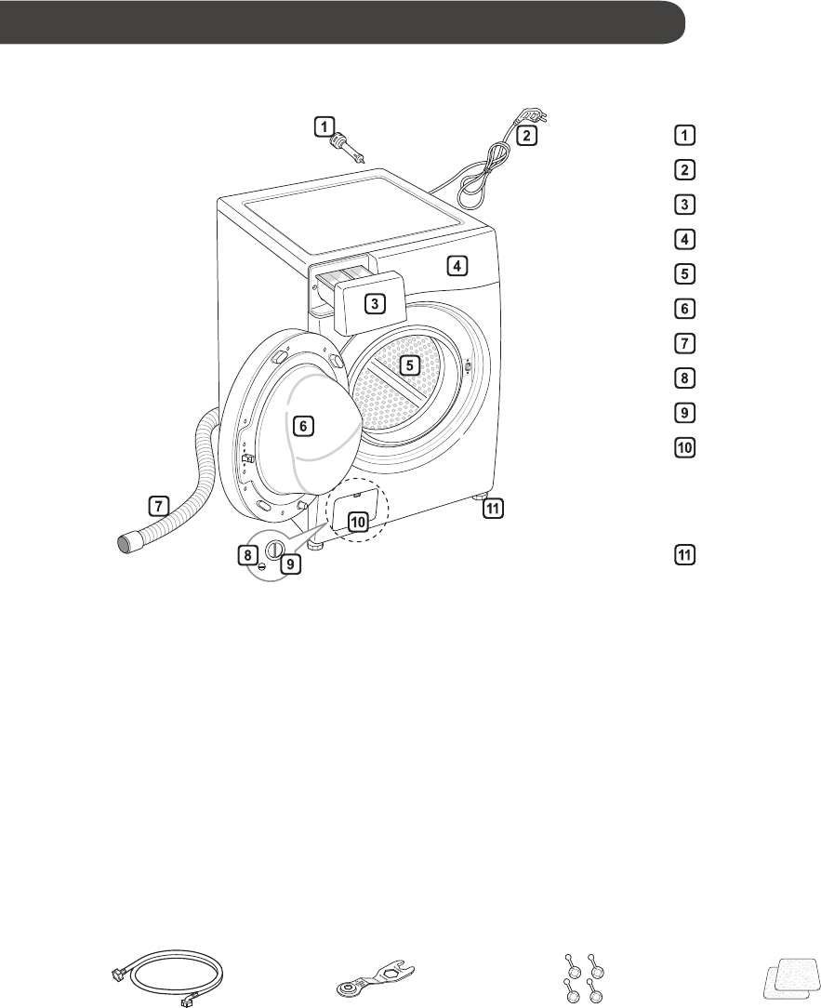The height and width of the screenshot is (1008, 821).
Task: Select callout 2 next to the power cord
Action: coord(526,136)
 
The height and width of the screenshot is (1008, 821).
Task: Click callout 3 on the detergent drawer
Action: coord(374,303)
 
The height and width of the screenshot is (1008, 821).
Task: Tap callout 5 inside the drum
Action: coord(410,365)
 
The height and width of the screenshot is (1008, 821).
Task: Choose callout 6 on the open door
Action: coord(300,427)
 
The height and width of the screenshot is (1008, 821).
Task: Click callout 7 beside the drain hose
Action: coord(159,506)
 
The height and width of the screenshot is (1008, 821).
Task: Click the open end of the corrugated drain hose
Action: coord(127,539)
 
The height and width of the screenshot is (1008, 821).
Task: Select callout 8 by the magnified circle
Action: coord(247,554)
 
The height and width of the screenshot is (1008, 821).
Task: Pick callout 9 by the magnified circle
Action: coord(291,564)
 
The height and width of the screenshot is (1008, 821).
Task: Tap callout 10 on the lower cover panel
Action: coord(359,522)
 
